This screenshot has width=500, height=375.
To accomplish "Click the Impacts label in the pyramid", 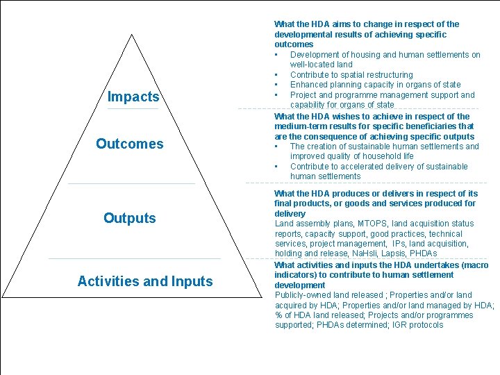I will [133, 97].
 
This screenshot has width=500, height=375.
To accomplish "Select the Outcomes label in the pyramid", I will [130, 144].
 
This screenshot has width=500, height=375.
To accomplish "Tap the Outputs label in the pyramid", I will [130, 218].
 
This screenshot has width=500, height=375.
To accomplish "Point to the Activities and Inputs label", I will [145, 281].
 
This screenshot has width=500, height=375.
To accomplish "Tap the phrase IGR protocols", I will [417, 324].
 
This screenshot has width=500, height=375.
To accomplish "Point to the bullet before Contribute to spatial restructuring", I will [276, 75].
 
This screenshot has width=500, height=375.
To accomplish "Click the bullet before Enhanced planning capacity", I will [276, 85].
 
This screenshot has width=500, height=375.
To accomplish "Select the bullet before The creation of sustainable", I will [276, 147].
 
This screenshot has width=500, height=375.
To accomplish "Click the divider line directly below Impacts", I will [133, 109].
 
